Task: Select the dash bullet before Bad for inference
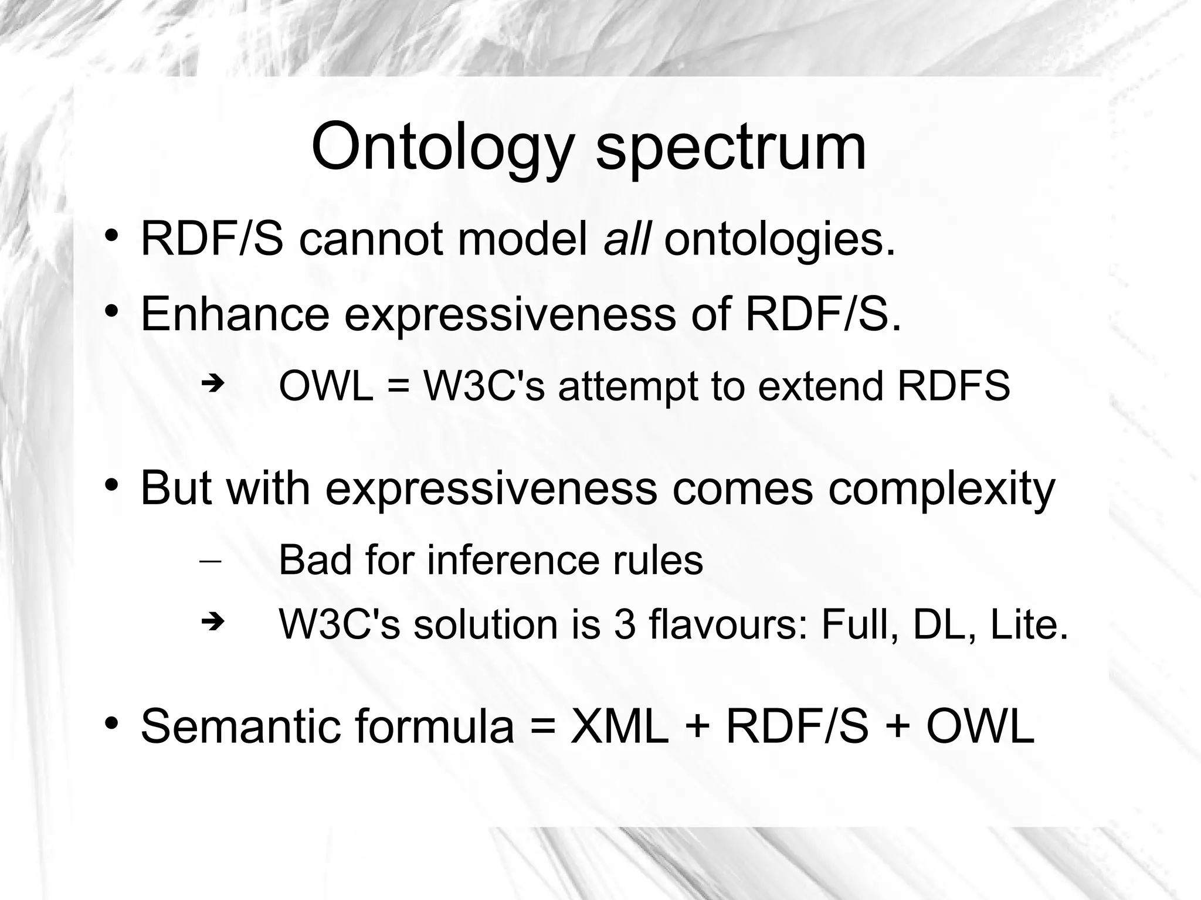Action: (x=210, y=561)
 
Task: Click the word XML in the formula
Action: (x=619, y=726)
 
